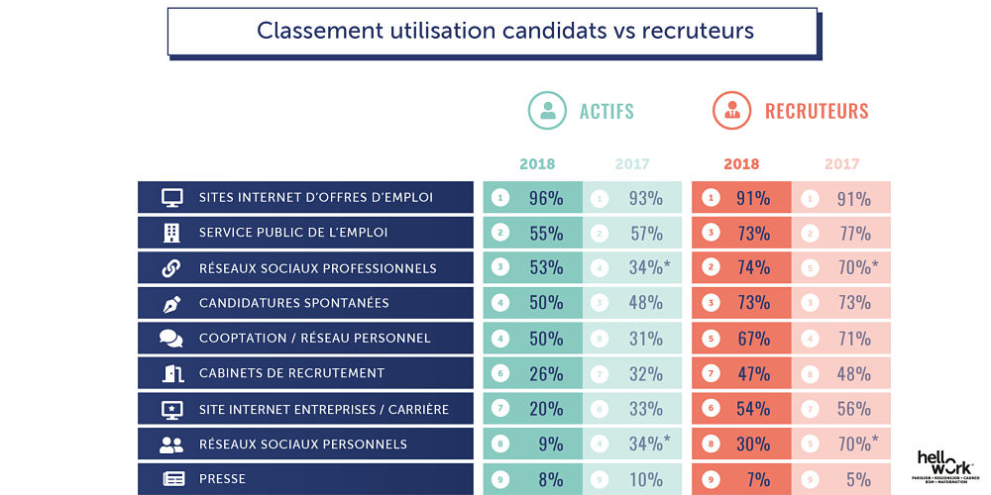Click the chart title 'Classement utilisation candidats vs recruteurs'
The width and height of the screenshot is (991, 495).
pyautogui.click(x=505, y=31)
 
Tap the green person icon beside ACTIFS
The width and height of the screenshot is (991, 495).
pyautogui.click(x=547, y=111)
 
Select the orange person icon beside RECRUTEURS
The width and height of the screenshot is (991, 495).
pyautogui.click(x=731, y=111)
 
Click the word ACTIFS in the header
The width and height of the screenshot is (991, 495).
pyautogui.click(x=606, y=111)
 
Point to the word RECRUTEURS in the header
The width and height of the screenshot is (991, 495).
pyautogui.click(x=817, y=111)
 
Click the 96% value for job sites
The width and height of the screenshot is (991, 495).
pyautogui.click(x=545, y=198)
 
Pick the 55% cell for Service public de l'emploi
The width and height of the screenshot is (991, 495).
pyautogui.click(x=545, y=234)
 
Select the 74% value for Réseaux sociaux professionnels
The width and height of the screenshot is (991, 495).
pyautogui.click(x=753, y=268)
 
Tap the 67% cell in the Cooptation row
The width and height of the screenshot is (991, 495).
pyautogui.click(x=753, y=339)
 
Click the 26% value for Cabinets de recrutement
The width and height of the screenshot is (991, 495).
pyautogui.click(x=545, y=374)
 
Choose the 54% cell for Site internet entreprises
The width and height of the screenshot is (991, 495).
pyautogui.click(x=753, y=409)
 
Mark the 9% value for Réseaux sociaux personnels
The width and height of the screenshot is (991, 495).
pyautogui.click(x=549, y=445)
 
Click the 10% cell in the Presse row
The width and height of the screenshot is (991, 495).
pyautogui.click(x=646, y=480)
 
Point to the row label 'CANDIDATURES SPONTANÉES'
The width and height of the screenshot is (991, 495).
pyautogui.click(x=293, y=303)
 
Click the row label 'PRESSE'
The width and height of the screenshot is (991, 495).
pyautogui.click(x=223, y=479)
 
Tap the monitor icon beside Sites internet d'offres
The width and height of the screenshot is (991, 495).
pyautogui.click(x=171, y=198)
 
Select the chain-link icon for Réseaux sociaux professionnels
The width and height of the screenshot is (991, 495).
pyautogui.click(x=171, y=268)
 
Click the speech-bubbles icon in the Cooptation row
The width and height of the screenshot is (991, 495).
pyautogui.click(x=171, y=339)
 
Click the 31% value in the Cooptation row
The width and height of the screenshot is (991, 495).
pyautogui.click(x=646, y=339)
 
